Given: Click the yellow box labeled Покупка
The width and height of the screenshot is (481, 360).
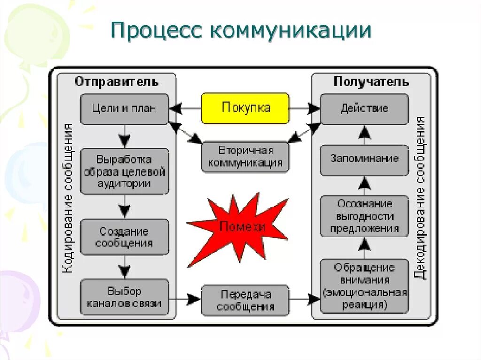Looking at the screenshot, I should tap(245, 108).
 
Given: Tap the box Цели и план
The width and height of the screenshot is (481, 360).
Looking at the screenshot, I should tap(124, 109).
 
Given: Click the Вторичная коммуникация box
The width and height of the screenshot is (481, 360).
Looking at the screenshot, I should tap(245, 157).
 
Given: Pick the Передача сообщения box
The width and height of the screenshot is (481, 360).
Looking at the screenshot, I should tap(245, 300).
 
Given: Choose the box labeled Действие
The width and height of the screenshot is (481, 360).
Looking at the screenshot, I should tap(365, 109).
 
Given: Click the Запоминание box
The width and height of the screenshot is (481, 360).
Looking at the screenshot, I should tap(365, 159).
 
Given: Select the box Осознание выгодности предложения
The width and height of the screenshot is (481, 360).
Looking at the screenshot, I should tap(365, 216).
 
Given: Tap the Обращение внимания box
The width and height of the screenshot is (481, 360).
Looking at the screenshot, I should tap(365, 286).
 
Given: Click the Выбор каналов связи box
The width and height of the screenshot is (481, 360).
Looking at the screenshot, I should tap(124, 298).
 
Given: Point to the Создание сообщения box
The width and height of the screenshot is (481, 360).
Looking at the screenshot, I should tap(124, 237).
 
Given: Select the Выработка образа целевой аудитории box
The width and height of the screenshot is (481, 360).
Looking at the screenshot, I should tap(124, 171).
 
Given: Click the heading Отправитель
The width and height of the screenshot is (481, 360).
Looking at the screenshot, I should tap(116, 82).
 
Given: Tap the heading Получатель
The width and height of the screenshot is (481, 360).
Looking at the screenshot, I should tap(371, 82).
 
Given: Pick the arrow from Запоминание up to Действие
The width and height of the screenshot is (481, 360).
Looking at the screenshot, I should tap(365, 135).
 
